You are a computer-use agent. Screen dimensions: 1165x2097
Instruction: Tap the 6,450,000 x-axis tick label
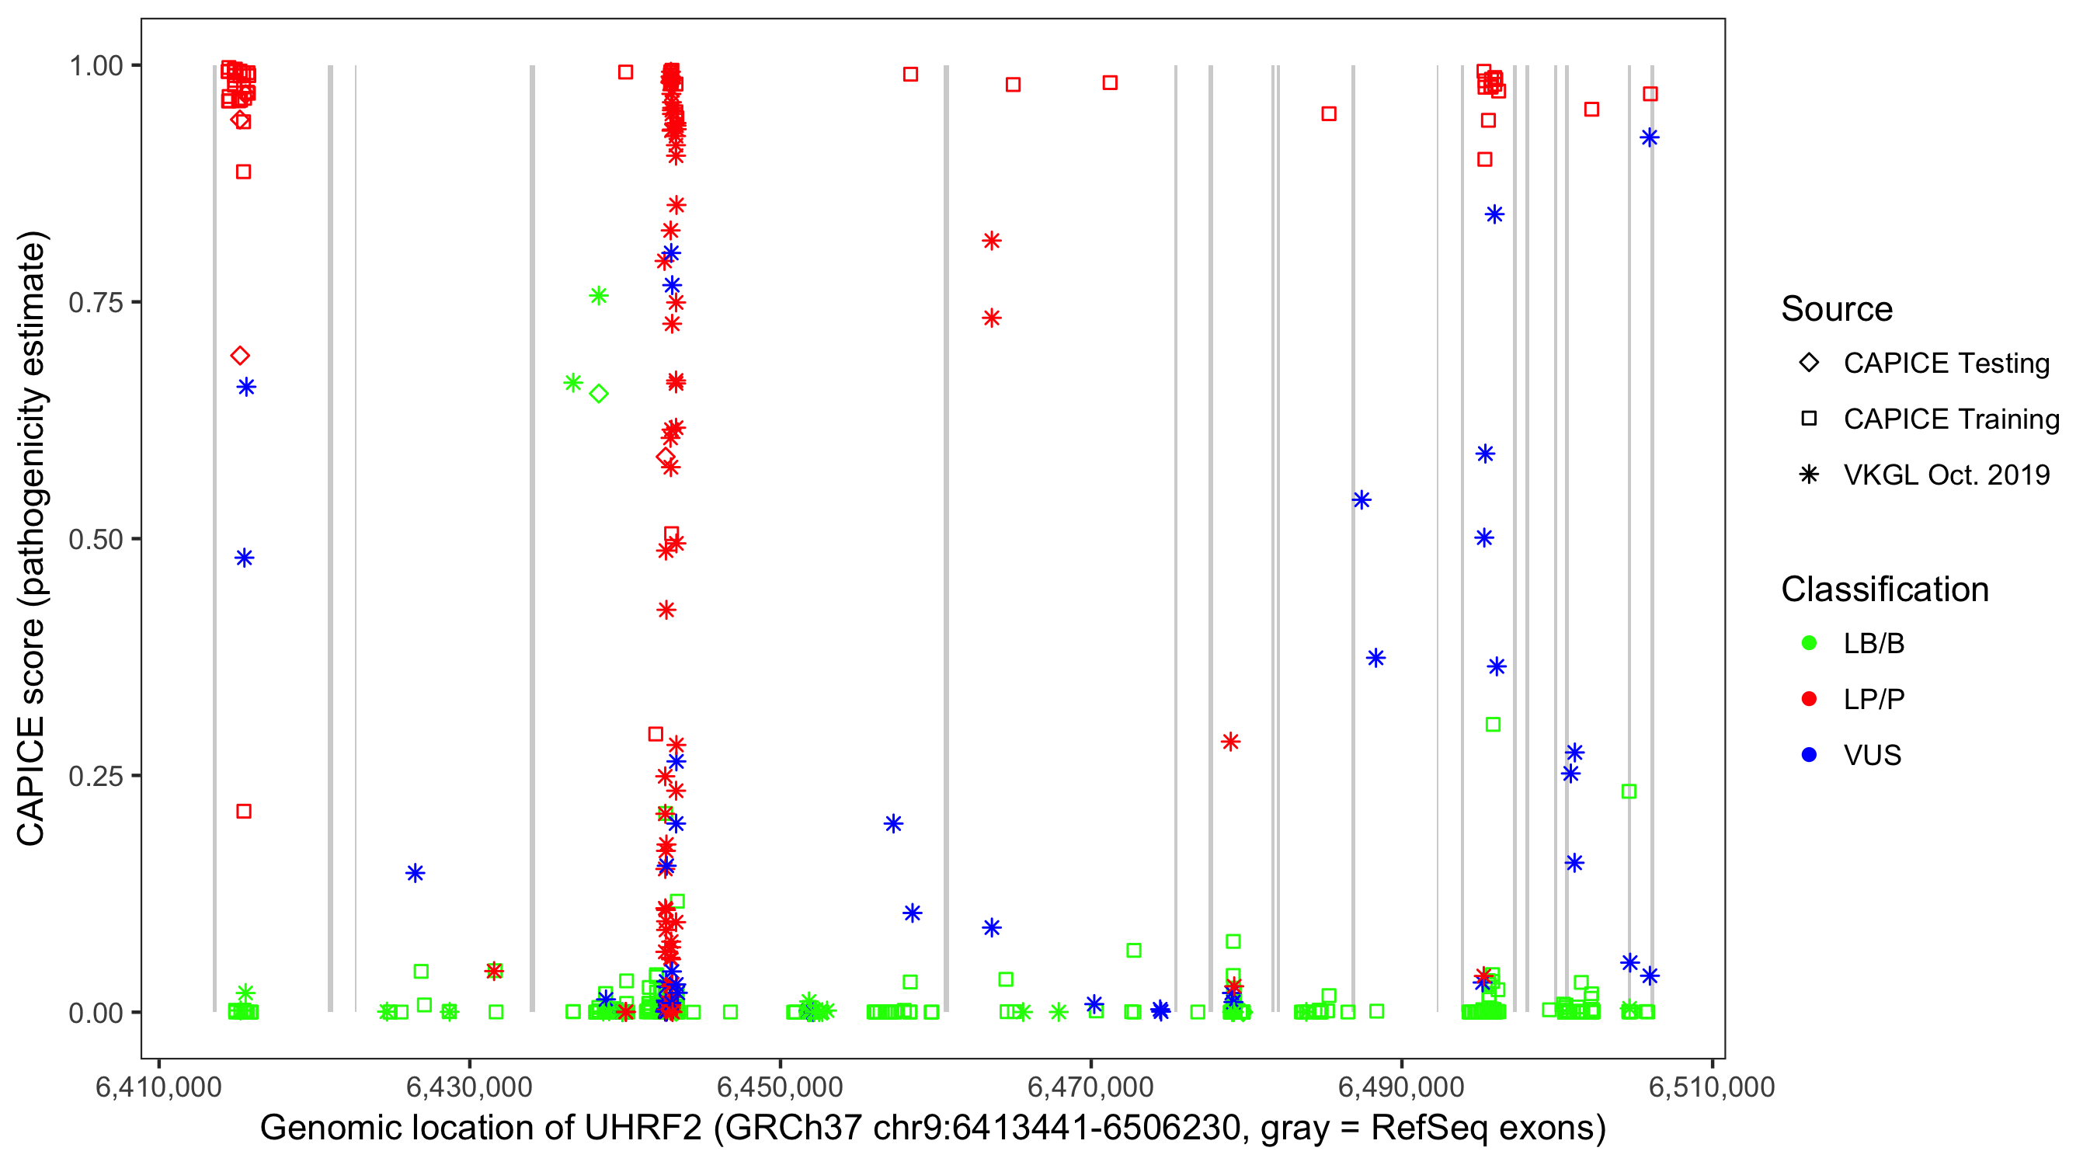[x=779, y=1087]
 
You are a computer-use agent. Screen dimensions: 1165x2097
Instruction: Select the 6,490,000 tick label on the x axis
[x=1401, y=1087]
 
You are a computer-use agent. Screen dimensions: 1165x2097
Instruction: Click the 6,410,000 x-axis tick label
[x=158, y=1087]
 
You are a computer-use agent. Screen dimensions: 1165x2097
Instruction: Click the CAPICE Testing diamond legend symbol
[x=1809, y=363]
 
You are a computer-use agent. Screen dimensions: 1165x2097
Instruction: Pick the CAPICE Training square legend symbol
[x=1809, y=419]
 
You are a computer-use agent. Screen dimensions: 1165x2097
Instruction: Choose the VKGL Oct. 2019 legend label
[x=1946, y=475]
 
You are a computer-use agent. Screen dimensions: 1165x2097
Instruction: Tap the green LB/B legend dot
[x=1809, y=643]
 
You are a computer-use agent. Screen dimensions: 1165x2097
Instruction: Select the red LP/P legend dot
[x=1809, y=699]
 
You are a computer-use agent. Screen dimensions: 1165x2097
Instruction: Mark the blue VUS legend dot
[x=1809, y=755]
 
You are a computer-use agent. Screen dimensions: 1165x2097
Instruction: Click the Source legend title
[x=1837, y=309]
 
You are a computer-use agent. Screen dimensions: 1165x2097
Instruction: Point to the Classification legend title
[x=1884, y=589]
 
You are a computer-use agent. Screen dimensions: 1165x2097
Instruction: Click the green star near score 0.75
[x=598, y=296]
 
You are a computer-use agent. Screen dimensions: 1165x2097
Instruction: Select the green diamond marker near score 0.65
[x=598, y=394]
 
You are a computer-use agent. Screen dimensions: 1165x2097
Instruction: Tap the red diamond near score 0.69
[x=239, y=356]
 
